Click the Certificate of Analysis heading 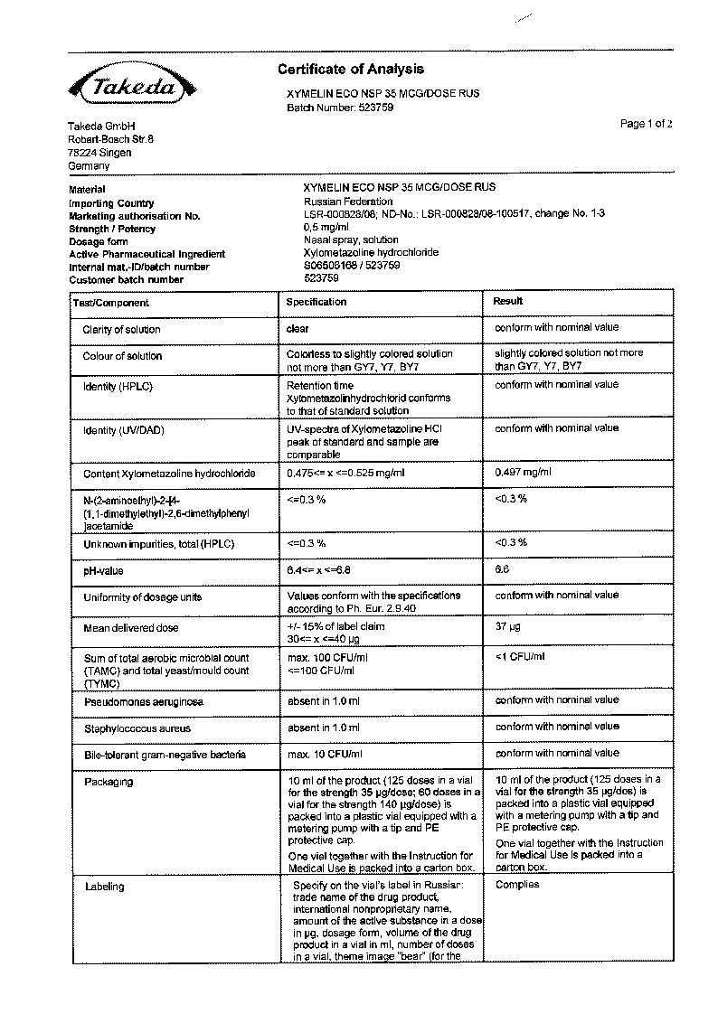coord(350,70)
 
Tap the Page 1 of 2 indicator coord(646,124)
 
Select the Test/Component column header coord(111,303)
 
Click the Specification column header coord(316,302)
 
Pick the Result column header coord(508,301)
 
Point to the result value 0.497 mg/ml coord(523,473)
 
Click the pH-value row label coord(103,571)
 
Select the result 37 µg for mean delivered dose coord(508,626)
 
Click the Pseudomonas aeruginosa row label coord(143,701)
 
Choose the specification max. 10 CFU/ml coord(324,754)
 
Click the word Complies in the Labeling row coord(517,885)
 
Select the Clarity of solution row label coord(122,330)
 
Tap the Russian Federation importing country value coord(348,202)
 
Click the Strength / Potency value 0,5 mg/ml coord(326,228)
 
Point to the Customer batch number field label coord(126,279)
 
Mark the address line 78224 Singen coord(99,153)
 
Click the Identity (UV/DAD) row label coord(124,430)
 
